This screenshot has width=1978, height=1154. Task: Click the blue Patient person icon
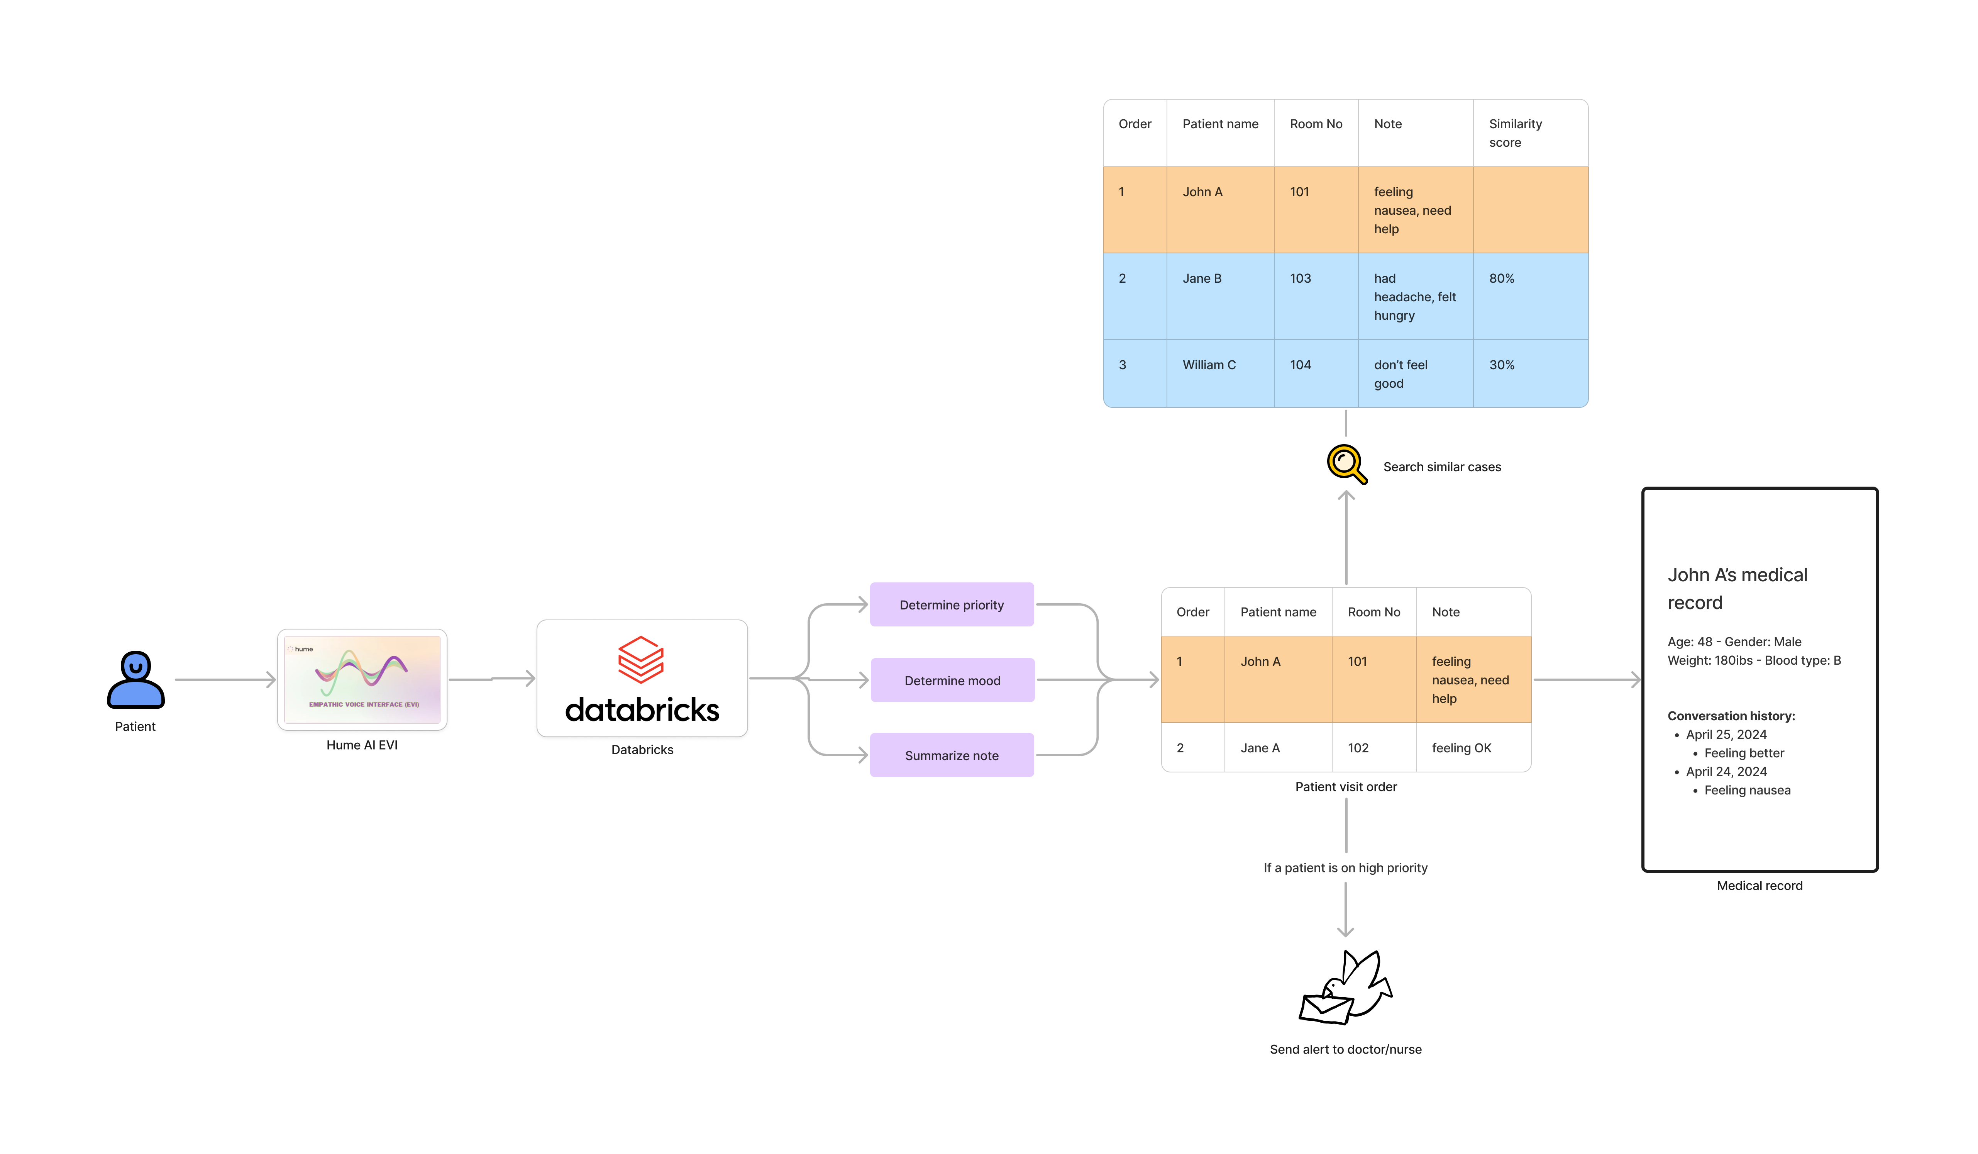[136, 680]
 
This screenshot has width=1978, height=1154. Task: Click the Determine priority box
[951, 604]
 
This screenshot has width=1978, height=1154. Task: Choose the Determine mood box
[952, 680]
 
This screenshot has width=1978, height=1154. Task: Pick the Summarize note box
[951, 755]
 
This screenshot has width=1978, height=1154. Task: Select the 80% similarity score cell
[1502, 279]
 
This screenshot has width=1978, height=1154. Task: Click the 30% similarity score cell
[1502, 365]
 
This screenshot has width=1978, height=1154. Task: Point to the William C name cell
[1209, 365]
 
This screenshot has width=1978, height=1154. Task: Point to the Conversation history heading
[1731, 716]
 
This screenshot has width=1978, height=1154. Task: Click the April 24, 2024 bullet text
[1726, 772]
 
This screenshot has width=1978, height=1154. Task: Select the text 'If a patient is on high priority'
[1345, 867]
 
